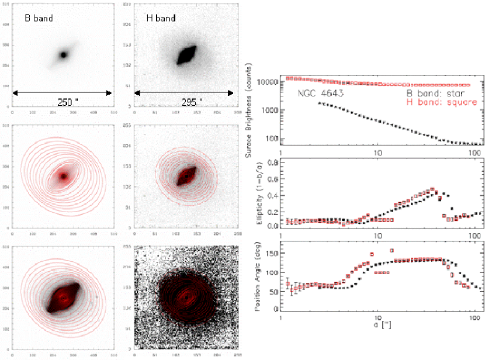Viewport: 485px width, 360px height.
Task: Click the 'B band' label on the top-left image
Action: point(39,18)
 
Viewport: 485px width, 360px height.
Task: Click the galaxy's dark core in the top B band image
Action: point(64,55)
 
